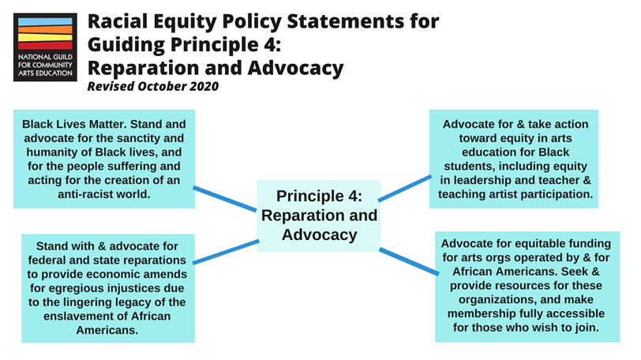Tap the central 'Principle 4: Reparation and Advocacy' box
pyautogui.click(x=319, y=215)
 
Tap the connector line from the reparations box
pyautogui.click(x=224, y=252)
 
